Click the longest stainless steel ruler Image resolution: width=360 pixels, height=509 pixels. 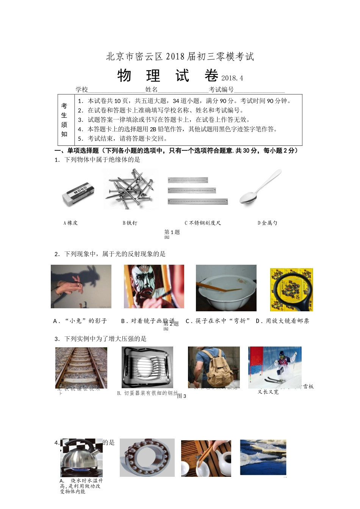coord(198,201)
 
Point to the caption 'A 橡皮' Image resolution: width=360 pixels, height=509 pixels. coord(71,223)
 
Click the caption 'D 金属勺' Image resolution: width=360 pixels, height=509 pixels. coord(268,223)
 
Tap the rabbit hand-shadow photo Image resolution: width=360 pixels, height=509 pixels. coord(81,286)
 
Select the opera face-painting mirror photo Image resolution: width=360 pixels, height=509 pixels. coord(154,286)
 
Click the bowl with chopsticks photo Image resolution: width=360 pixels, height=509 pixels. coord(226,288)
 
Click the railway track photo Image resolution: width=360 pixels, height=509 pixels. coord(81,367)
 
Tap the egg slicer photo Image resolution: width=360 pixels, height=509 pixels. coord(147,367)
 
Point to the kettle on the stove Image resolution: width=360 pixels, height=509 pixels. coord(81,457)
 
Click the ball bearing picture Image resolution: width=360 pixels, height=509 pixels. coord(147,457)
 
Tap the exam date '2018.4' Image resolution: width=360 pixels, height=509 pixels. coord(232,78)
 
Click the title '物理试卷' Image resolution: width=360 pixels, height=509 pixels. coord(167,76)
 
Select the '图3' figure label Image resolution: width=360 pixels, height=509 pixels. coord(182,396)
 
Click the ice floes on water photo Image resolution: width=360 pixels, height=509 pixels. coord(263,457)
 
